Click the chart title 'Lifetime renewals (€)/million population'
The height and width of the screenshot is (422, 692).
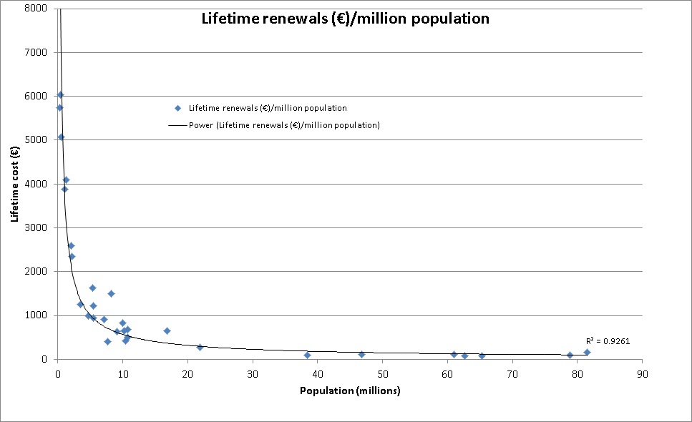pyautogui.click(x=344, y=19)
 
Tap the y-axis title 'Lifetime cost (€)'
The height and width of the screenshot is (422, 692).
pyautogui.click(x=14, y=183)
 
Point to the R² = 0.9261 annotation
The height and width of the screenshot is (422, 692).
pyautogui.click(x=608, y=341)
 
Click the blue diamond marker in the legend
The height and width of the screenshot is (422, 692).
pyautogui.click(x=177, y=109)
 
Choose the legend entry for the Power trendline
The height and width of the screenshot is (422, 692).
pyautogui.click(x=273, y=125)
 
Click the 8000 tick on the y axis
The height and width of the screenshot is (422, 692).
pyautogui.click(x=36, y=9)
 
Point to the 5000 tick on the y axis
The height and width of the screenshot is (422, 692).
pyautogui.click(x=36, y=140)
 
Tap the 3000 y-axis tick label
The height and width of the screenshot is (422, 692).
pyautogui.click(x=36, y=227)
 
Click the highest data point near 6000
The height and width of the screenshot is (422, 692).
pyautogui.click(x=60, y=94)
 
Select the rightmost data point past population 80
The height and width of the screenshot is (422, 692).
pyautogui.click(x=587, y=352)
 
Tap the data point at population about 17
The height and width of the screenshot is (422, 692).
pyautogui.click(x=167, y=330)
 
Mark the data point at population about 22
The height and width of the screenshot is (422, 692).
pyautogui.click(x=200, y=347)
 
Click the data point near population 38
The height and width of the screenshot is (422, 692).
pyautogui.click(x=307, y=355)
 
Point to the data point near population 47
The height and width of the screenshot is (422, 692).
pyautogui.click(x=361, y=354)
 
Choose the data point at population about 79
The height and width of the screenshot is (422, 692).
pyautogui.click(x=570, y=355)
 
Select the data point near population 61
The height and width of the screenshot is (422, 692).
pyautogui.click(x=454, y=354)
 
